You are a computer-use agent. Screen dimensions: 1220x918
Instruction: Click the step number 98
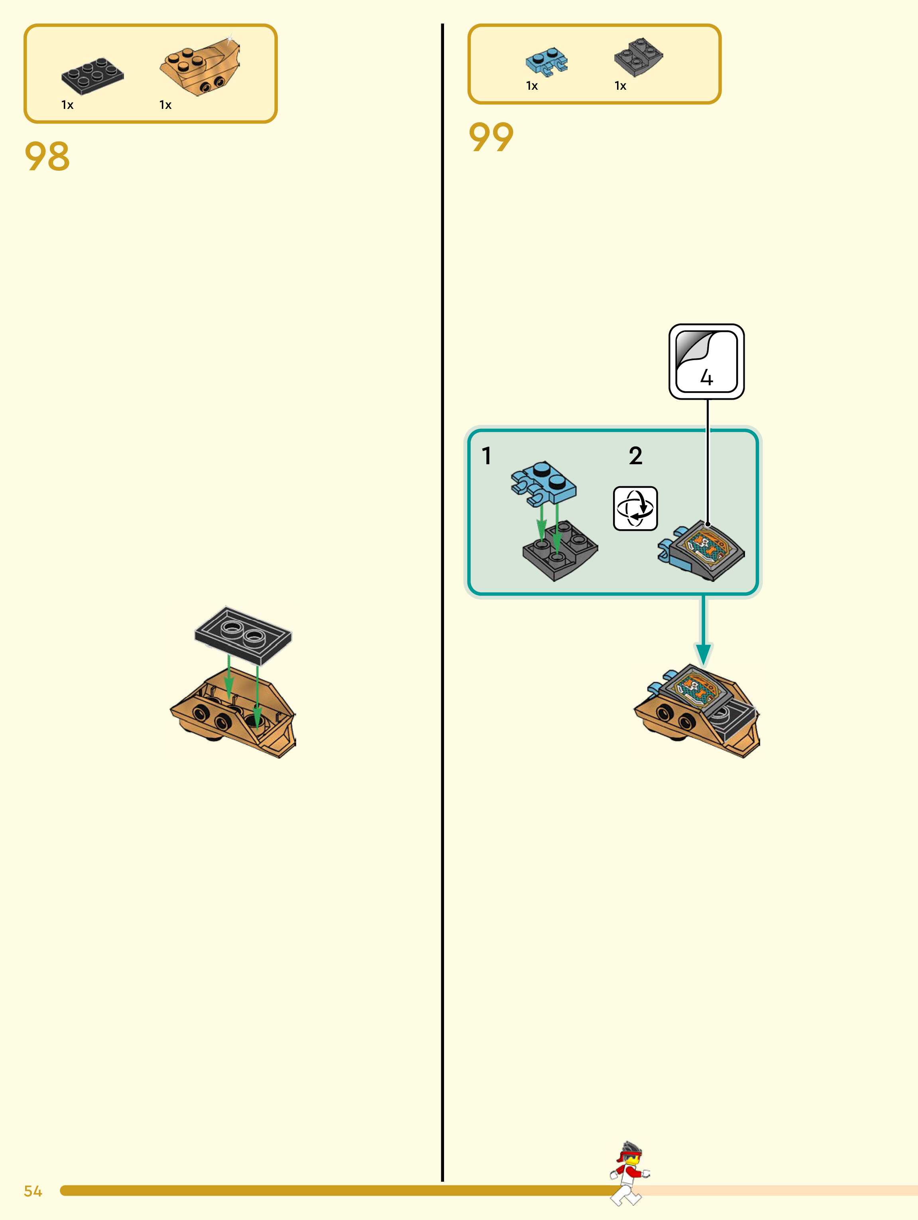tap(47, 157)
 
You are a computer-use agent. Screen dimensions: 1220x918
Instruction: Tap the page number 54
tap(33, 1191)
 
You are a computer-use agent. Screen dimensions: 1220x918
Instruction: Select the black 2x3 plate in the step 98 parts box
tap(92, 75)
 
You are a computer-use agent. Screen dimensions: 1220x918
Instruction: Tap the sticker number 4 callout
tap(706, 362)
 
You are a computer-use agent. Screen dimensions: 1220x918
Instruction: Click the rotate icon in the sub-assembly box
tap(635, 508)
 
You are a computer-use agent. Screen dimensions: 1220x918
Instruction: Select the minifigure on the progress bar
tap(630, 1173)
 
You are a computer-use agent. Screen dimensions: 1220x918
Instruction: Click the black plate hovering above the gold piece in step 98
tap(243, 635)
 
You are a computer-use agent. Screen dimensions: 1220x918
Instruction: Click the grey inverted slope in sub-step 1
tap(560, 553)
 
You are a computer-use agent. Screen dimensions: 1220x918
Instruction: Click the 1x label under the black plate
tap(67, 105)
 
